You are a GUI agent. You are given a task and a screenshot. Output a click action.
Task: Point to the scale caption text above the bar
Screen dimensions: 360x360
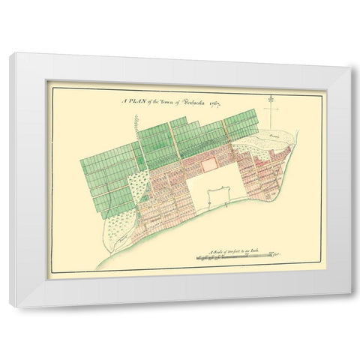[x=225, y=248]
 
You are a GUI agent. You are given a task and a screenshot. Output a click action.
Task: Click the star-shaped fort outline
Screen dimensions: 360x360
[x=214, y=197]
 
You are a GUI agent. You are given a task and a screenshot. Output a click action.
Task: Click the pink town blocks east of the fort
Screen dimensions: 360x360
[x=262, y=172]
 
